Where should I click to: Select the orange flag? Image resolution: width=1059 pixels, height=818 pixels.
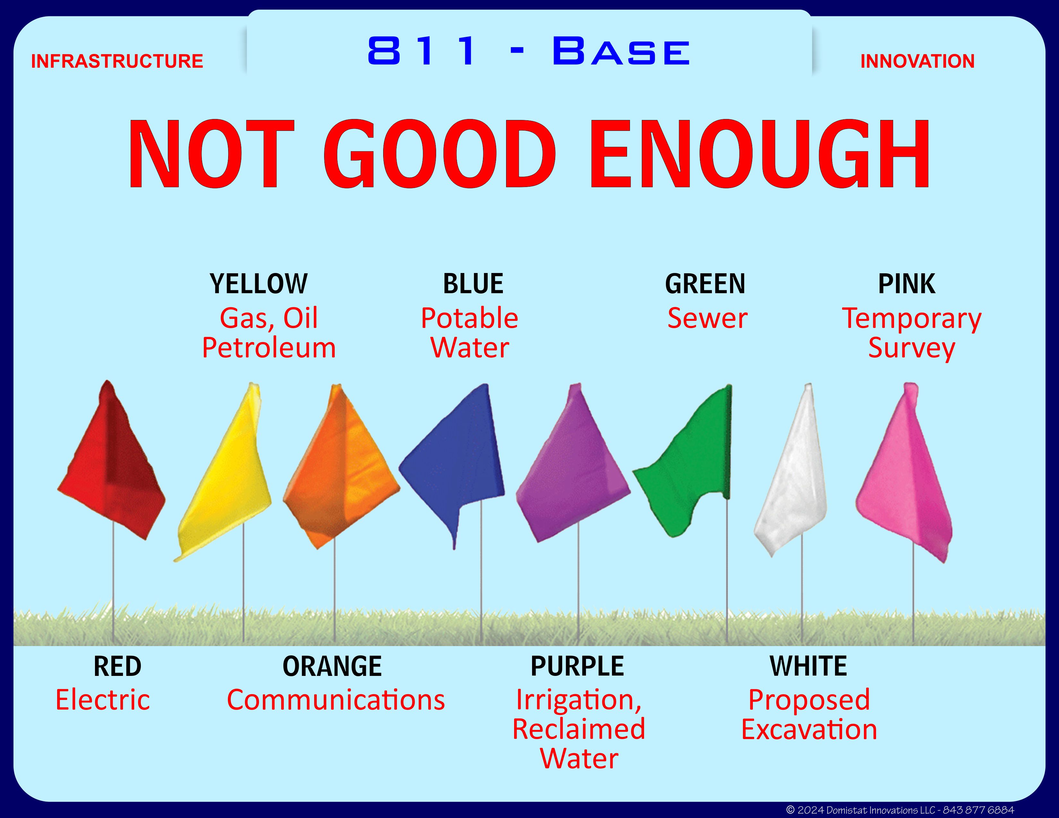(x=340, y=465)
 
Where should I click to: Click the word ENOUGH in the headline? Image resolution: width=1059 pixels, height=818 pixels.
(x=759, y=154)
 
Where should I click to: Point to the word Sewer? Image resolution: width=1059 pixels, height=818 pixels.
(x=708, y=319)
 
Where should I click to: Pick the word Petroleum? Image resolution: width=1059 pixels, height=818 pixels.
(x=269, y=348)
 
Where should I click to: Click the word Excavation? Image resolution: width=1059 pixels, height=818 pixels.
(x=809, y=729)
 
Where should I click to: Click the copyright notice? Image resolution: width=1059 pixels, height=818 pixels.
(x=900, y=810)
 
